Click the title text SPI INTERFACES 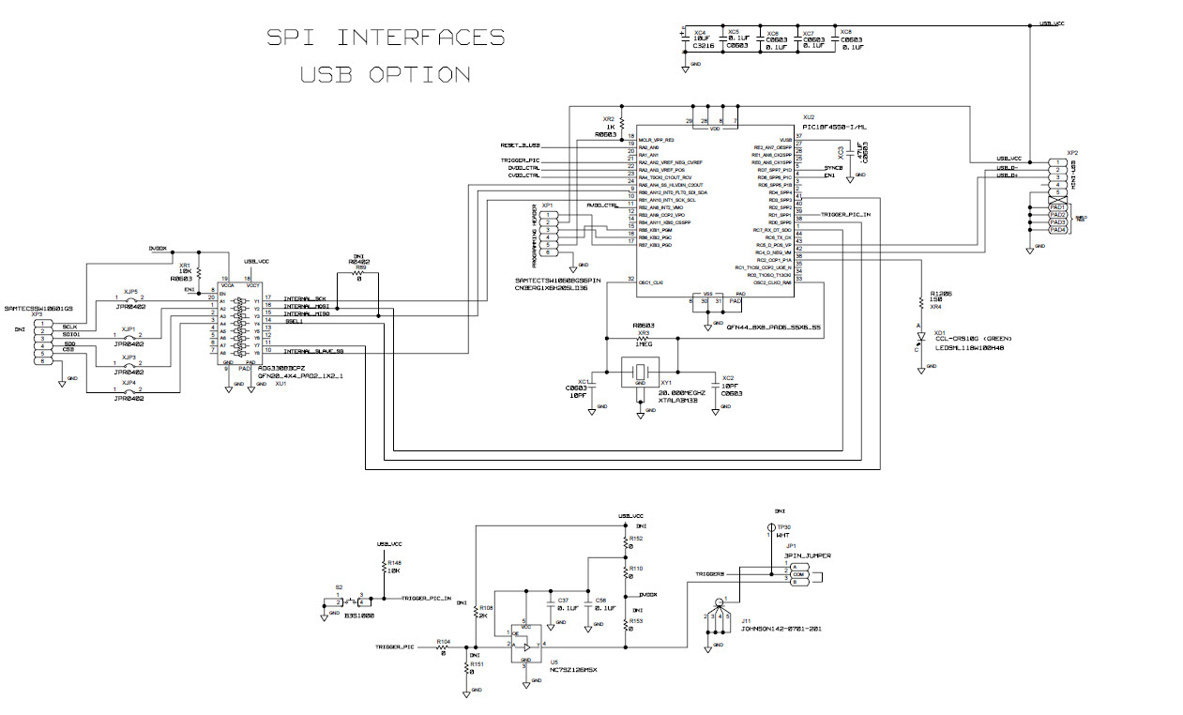(386, 38)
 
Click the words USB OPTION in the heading (386, 75)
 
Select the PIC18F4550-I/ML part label (835, 127)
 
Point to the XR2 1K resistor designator (608, 119)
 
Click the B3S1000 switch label (358, 616)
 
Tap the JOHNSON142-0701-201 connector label (780, 629)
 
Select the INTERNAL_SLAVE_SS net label (314, 351)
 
